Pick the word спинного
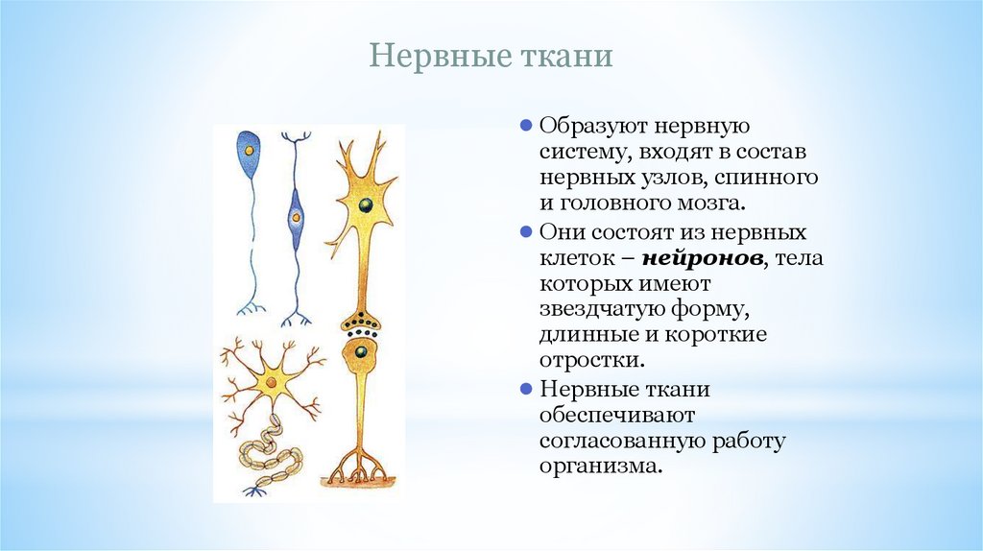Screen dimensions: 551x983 coord(774,178)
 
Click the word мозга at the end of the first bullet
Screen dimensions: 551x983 coord(710,204)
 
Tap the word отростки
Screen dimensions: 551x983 coord(589,362)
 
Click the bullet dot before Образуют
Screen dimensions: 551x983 coord(525,126)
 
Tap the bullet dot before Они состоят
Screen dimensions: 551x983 coord(525,232)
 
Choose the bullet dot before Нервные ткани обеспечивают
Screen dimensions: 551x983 coord(525,389)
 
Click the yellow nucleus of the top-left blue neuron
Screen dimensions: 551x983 coord(250,152)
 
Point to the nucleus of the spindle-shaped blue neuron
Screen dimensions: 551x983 coord(296,218)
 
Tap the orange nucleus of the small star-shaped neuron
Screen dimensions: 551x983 coord(272,383)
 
